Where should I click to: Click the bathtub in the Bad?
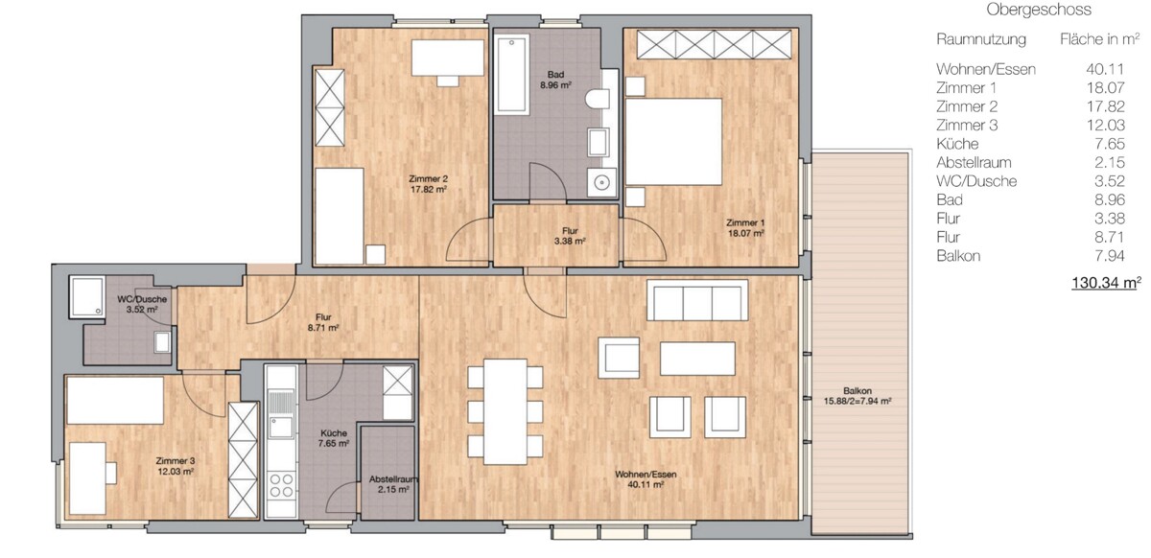(511, 74)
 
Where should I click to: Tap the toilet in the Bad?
(599, 99)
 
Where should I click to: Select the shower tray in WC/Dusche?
(87, 297)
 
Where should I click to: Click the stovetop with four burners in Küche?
(281, 485)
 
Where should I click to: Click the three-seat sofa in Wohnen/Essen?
(697, 301)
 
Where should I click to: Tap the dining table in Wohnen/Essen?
(505, 411)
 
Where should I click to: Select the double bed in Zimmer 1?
(673, 141)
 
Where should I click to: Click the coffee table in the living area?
(697, 359)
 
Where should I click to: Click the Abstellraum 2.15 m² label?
(393, 484)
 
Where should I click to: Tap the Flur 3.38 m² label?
(570, 236)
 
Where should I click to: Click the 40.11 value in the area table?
(1105, 69)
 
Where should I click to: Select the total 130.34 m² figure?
(1106, 283)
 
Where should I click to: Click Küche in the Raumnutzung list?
(957, 144)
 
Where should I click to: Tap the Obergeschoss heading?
(1039, 10)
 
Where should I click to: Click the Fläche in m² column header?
(1099, 39)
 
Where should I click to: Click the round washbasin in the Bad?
(601, 182)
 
